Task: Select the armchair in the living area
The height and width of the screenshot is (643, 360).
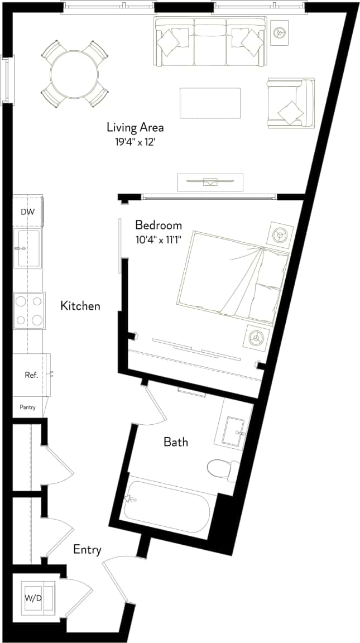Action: (x=289, y=103)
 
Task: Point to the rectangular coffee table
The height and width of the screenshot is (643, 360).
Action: (x=210, y=103)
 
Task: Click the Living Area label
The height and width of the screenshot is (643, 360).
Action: (x=135, y=127)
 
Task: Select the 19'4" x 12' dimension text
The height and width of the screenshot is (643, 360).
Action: (x=135, y=142)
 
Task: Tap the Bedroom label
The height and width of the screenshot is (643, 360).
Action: (x=159, y=225)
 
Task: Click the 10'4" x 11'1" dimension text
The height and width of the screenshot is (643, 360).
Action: (x=159, y=241)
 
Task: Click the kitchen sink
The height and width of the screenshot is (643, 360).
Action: (x=28, y=247)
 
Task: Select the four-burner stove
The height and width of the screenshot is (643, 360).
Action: (x=29, y=310)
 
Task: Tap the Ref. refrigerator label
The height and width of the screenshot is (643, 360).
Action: (x=31, y=375)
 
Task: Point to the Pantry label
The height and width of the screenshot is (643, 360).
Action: (x=27, y=407)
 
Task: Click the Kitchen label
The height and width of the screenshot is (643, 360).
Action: (x=80, y=306)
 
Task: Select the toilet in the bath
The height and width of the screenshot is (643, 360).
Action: (x=221, y=468)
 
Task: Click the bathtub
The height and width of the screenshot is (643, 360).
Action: (x=167, y=506)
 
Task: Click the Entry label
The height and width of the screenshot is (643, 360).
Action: (x=87, y=550)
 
